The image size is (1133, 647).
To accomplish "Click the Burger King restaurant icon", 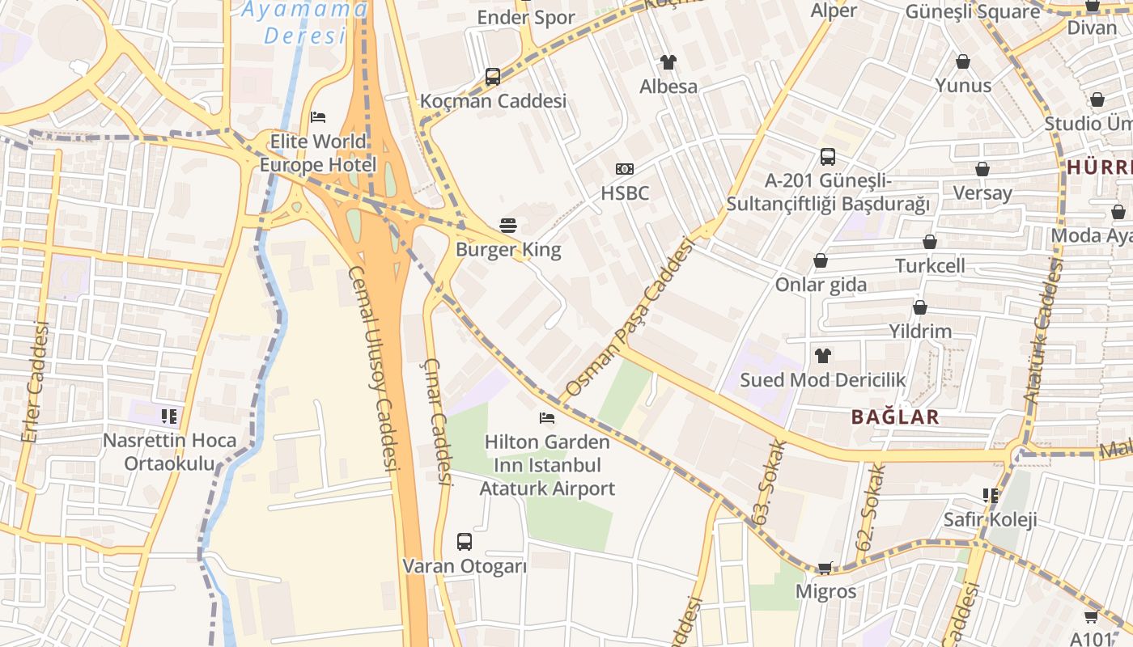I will (508, 225).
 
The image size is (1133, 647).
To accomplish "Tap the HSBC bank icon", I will (624, 169).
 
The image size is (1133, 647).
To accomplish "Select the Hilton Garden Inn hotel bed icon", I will (547, 418).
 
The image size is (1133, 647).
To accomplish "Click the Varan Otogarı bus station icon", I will (465, 542).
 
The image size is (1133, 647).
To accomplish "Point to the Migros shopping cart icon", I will (825, 568).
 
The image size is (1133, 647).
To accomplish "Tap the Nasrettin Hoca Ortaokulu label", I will (170, 452).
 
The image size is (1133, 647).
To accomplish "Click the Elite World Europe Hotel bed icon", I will (318, 117).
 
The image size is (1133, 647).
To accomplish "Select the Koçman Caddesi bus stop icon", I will (493, 77).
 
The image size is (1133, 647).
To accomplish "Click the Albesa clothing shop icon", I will (668, 61).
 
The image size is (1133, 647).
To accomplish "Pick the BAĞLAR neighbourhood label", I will (895, 417).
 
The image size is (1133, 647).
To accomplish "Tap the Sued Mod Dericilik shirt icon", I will (823, 355).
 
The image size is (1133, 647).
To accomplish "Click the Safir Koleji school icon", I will (990, 495).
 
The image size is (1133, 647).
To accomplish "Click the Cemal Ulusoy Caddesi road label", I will (374, 369).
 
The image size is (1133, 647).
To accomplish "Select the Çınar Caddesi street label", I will (437, 421).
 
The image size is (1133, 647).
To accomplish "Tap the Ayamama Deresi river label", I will (305, 23).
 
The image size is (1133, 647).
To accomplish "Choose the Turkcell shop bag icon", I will (930, 242).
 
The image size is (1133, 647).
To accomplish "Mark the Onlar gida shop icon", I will (821, 260).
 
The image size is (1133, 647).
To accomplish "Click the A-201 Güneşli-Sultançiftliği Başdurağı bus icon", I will (827, 157).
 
